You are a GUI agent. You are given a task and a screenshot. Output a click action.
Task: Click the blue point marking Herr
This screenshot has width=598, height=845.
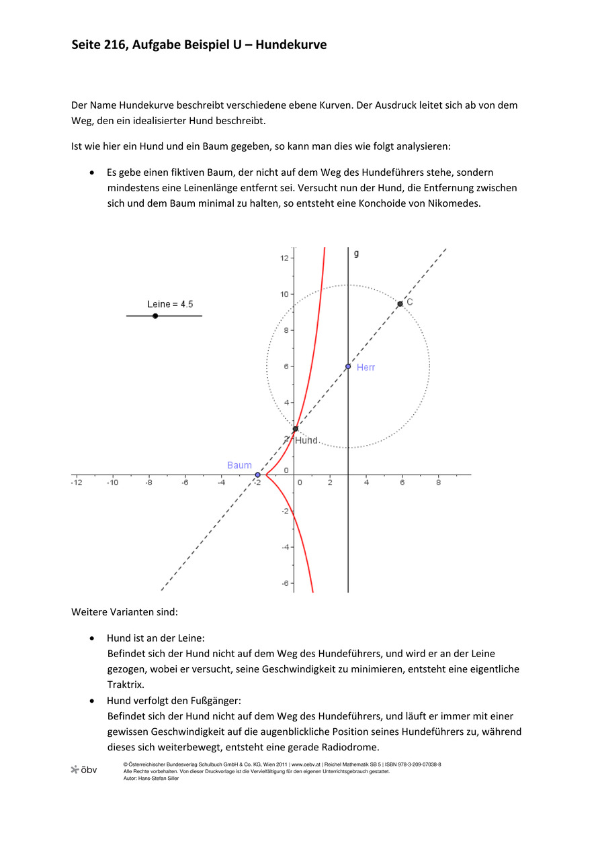tap(348, 366)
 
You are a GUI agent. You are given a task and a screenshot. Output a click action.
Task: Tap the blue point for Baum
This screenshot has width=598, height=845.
tap(257, 475)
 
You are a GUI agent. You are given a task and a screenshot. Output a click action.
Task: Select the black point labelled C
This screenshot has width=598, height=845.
tap(400, 304)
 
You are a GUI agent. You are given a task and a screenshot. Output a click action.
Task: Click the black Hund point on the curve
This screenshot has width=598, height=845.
tap(295, 429)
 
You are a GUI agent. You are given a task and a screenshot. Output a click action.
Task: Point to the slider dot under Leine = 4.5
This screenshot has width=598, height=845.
tap(155, 315)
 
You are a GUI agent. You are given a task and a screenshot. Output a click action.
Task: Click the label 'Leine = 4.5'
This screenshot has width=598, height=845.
tap(170, 304)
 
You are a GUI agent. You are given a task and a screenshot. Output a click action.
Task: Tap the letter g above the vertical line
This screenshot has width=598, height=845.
tap(356, 253)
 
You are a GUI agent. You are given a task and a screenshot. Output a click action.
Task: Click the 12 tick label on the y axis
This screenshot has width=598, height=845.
tap(285, 258)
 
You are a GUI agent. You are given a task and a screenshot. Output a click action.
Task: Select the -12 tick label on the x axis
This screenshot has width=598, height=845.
tap(77, 483)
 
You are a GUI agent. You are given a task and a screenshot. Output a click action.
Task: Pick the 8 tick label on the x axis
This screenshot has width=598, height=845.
tap(438, 483)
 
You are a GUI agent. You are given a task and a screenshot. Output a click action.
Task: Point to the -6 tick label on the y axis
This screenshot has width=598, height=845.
tap(285, 583)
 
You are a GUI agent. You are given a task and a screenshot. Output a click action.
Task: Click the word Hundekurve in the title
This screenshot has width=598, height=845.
tap(294, 46)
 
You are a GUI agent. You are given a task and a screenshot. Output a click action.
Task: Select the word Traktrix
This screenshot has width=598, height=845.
tap(126, 685)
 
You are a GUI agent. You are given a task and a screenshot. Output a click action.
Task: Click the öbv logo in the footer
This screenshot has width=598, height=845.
tap(84, 770)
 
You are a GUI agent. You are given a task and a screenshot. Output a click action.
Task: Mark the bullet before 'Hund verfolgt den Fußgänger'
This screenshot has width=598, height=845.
tap(91, 701)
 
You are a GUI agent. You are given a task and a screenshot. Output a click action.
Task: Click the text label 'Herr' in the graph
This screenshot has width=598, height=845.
tap(366, 367)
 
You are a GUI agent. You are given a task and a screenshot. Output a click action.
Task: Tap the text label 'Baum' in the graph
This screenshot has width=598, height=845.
tap(239, 465)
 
